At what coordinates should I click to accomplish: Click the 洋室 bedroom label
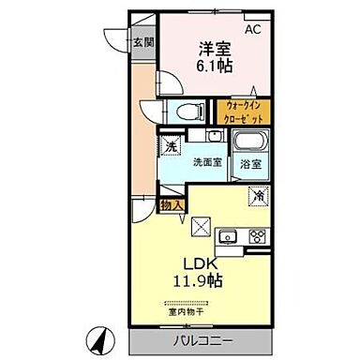click(x=213, y=49)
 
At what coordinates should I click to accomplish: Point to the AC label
click(x=252, y=29)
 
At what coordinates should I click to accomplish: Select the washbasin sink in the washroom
click(x=215, y=137)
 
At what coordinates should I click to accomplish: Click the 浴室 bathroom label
click(x=250, y=164)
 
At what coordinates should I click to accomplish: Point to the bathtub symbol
click(x=250, y=143)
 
